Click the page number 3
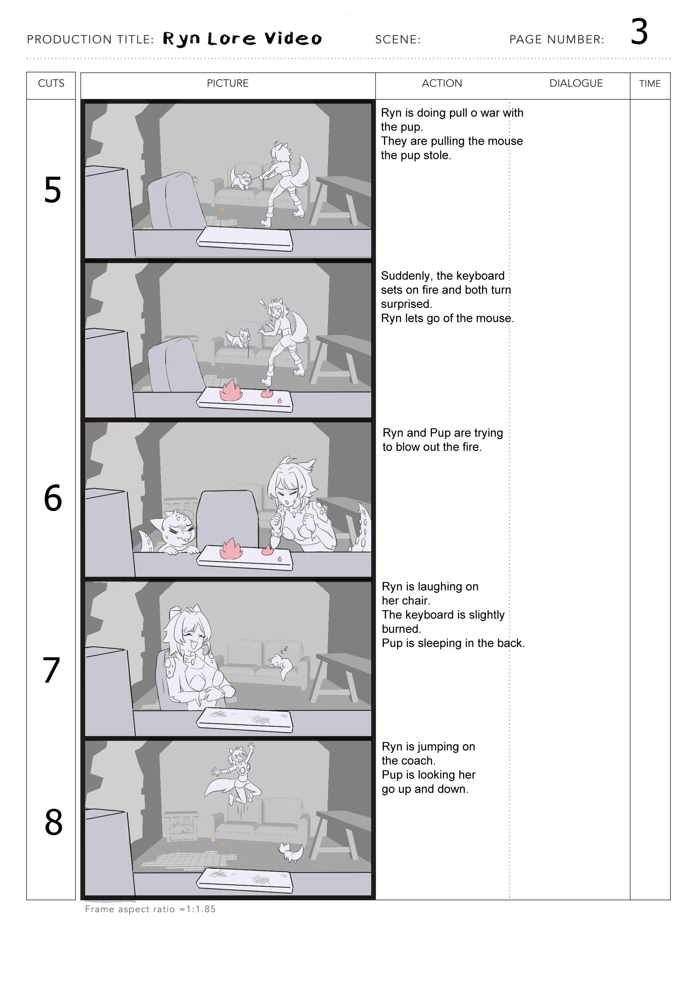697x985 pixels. pos(639,32)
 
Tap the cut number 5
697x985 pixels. pos(52,190)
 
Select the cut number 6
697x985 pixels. pos(53,498)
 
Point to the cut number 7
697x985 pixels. pos(51,670)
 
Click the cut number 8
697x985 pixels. pos(53,822)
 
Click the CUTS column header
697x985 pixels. pos(51,83)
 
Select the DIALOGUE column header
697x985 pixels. pos(576,83)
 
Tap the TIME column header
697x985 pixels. pos(650,84)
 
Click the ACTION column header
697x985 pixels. pos(442,83)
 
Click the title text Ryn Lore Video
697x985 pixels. pos(242,39)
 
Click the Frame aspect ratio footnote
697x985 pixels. pos(150,909)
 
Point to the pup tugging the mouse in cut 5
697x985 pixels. pos(241,178)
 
